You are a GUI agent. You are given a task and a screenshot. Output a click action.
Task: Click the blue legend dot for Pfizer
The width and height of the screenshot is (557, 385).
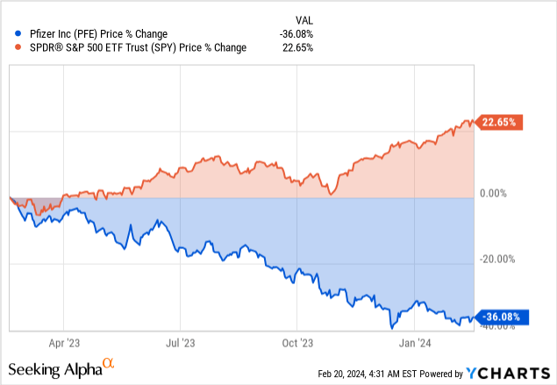(11, 34)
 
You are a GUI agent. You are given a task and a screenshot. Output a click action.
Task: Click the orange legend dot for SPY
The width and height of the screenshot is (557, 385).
(11, 47)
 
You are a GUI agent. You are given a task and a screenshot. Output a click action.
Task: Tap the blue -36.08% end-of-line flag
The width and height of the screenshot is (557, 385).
(502, 317)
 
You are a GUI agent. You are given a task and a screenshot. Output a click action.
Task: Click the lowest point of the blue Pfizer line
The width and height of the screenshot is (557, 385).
(390, 327)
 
